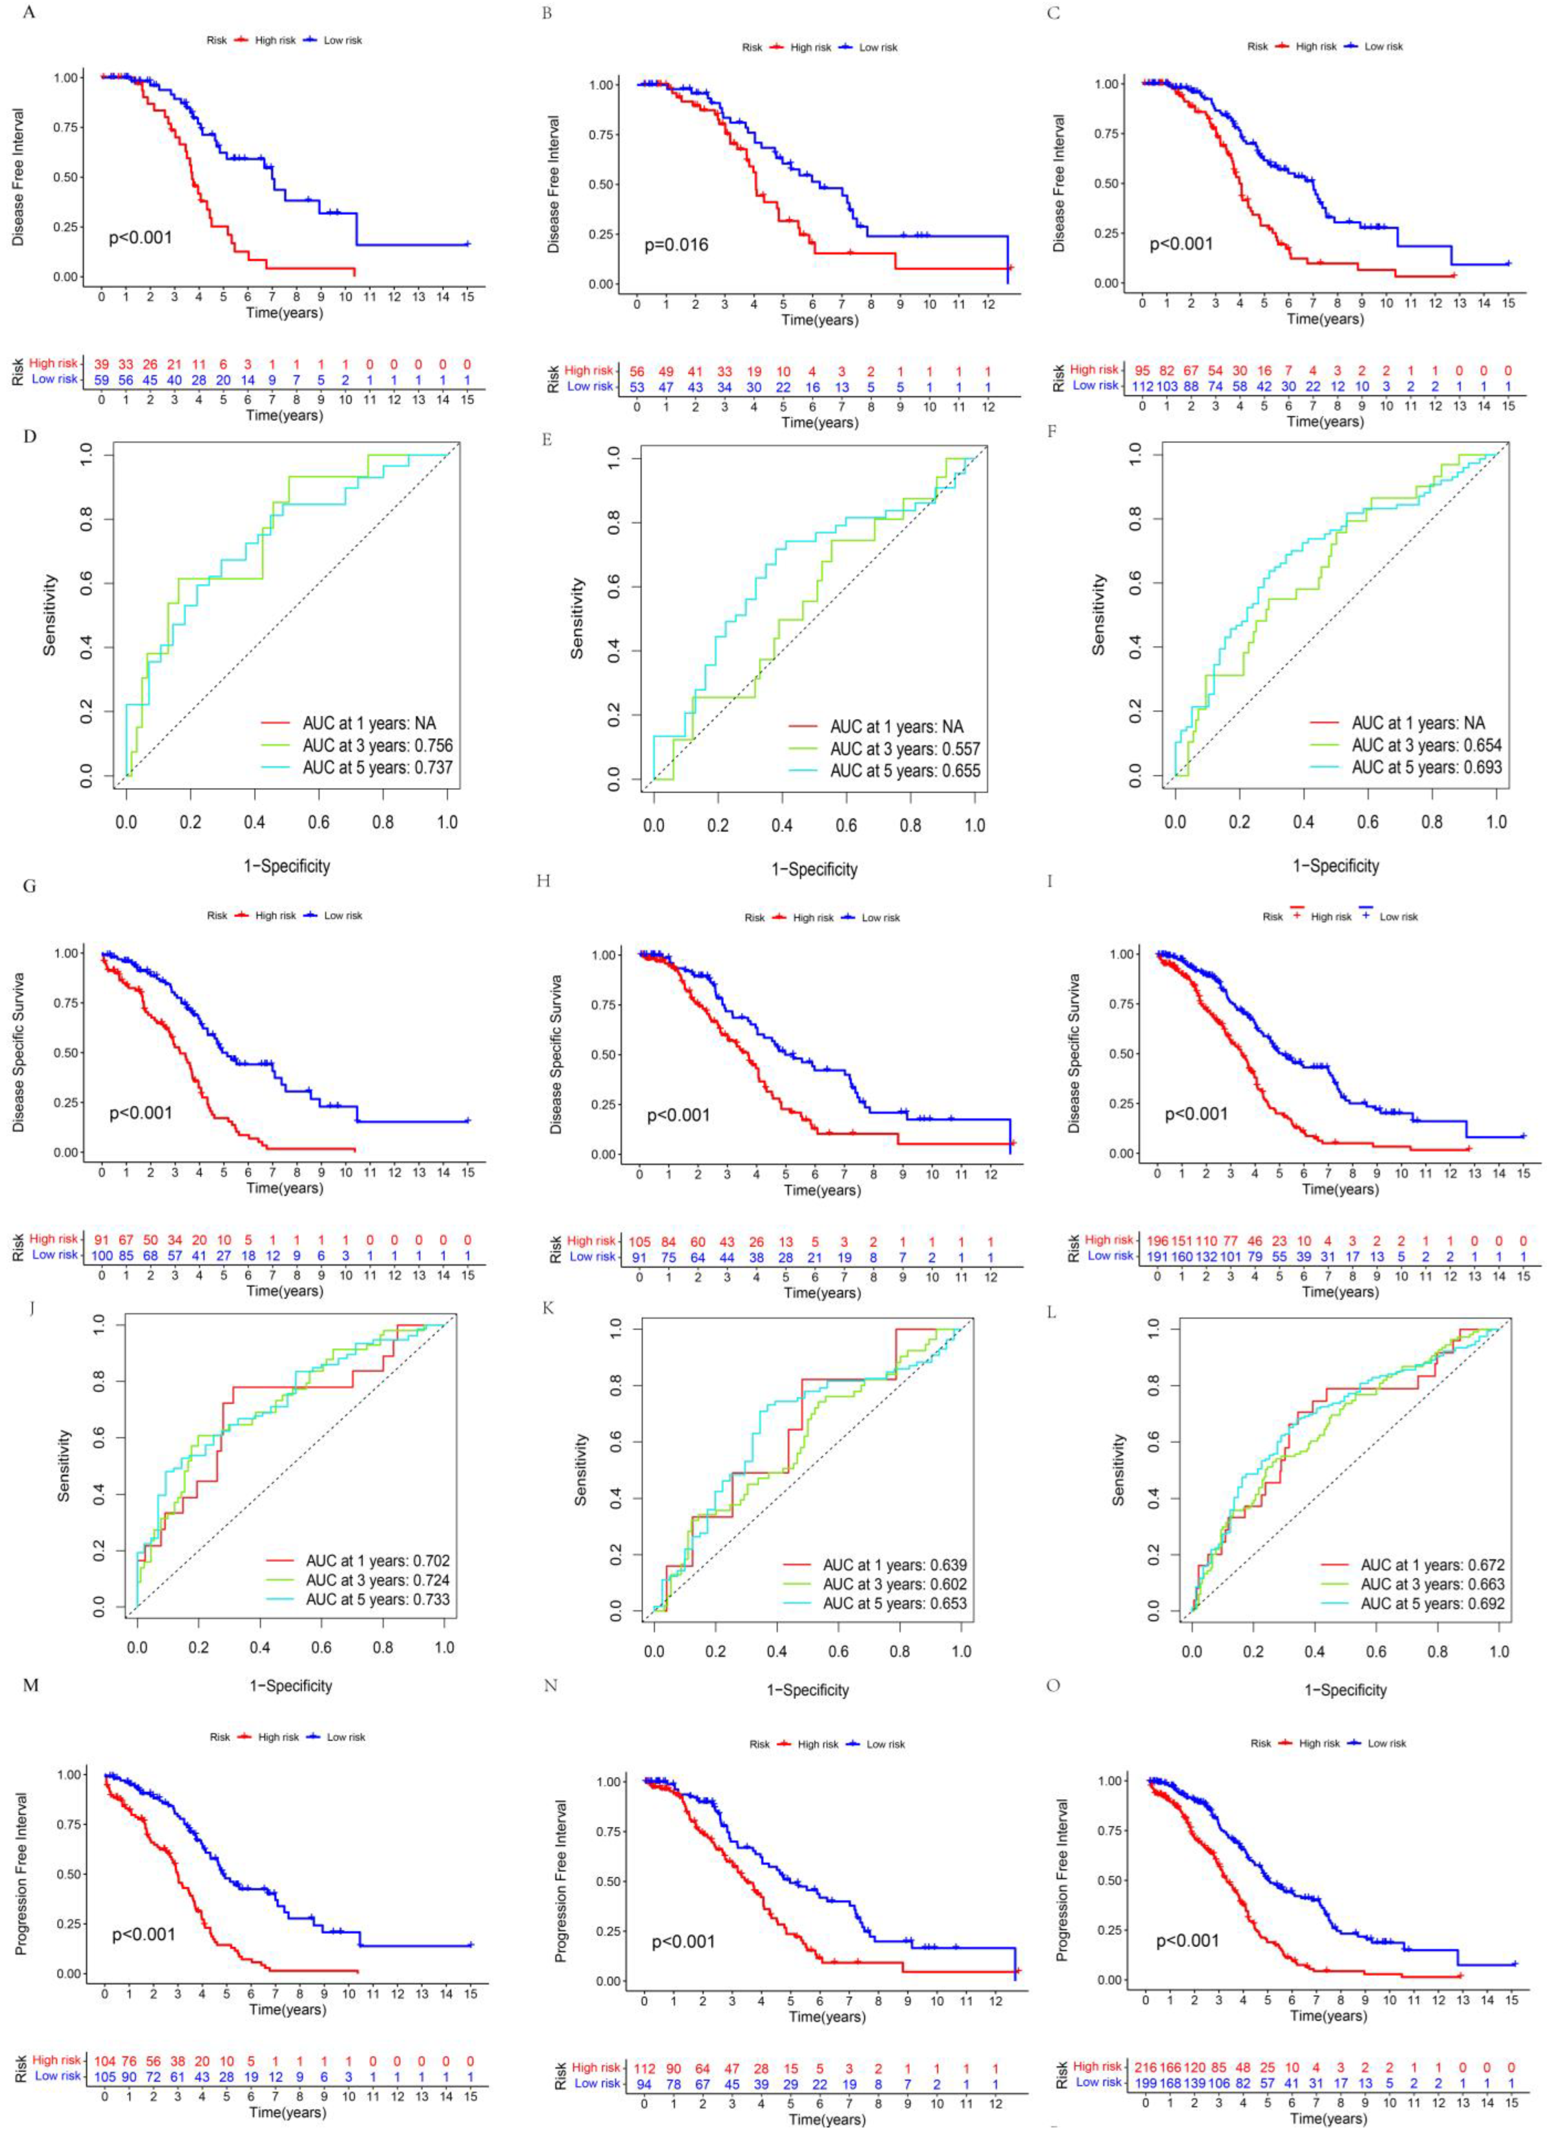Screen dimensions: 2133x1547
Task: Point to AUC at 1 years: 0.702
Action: tap(377, 1560)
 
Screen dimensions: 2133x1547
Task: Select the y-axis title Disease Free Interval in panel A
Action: tap(19, 177)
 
